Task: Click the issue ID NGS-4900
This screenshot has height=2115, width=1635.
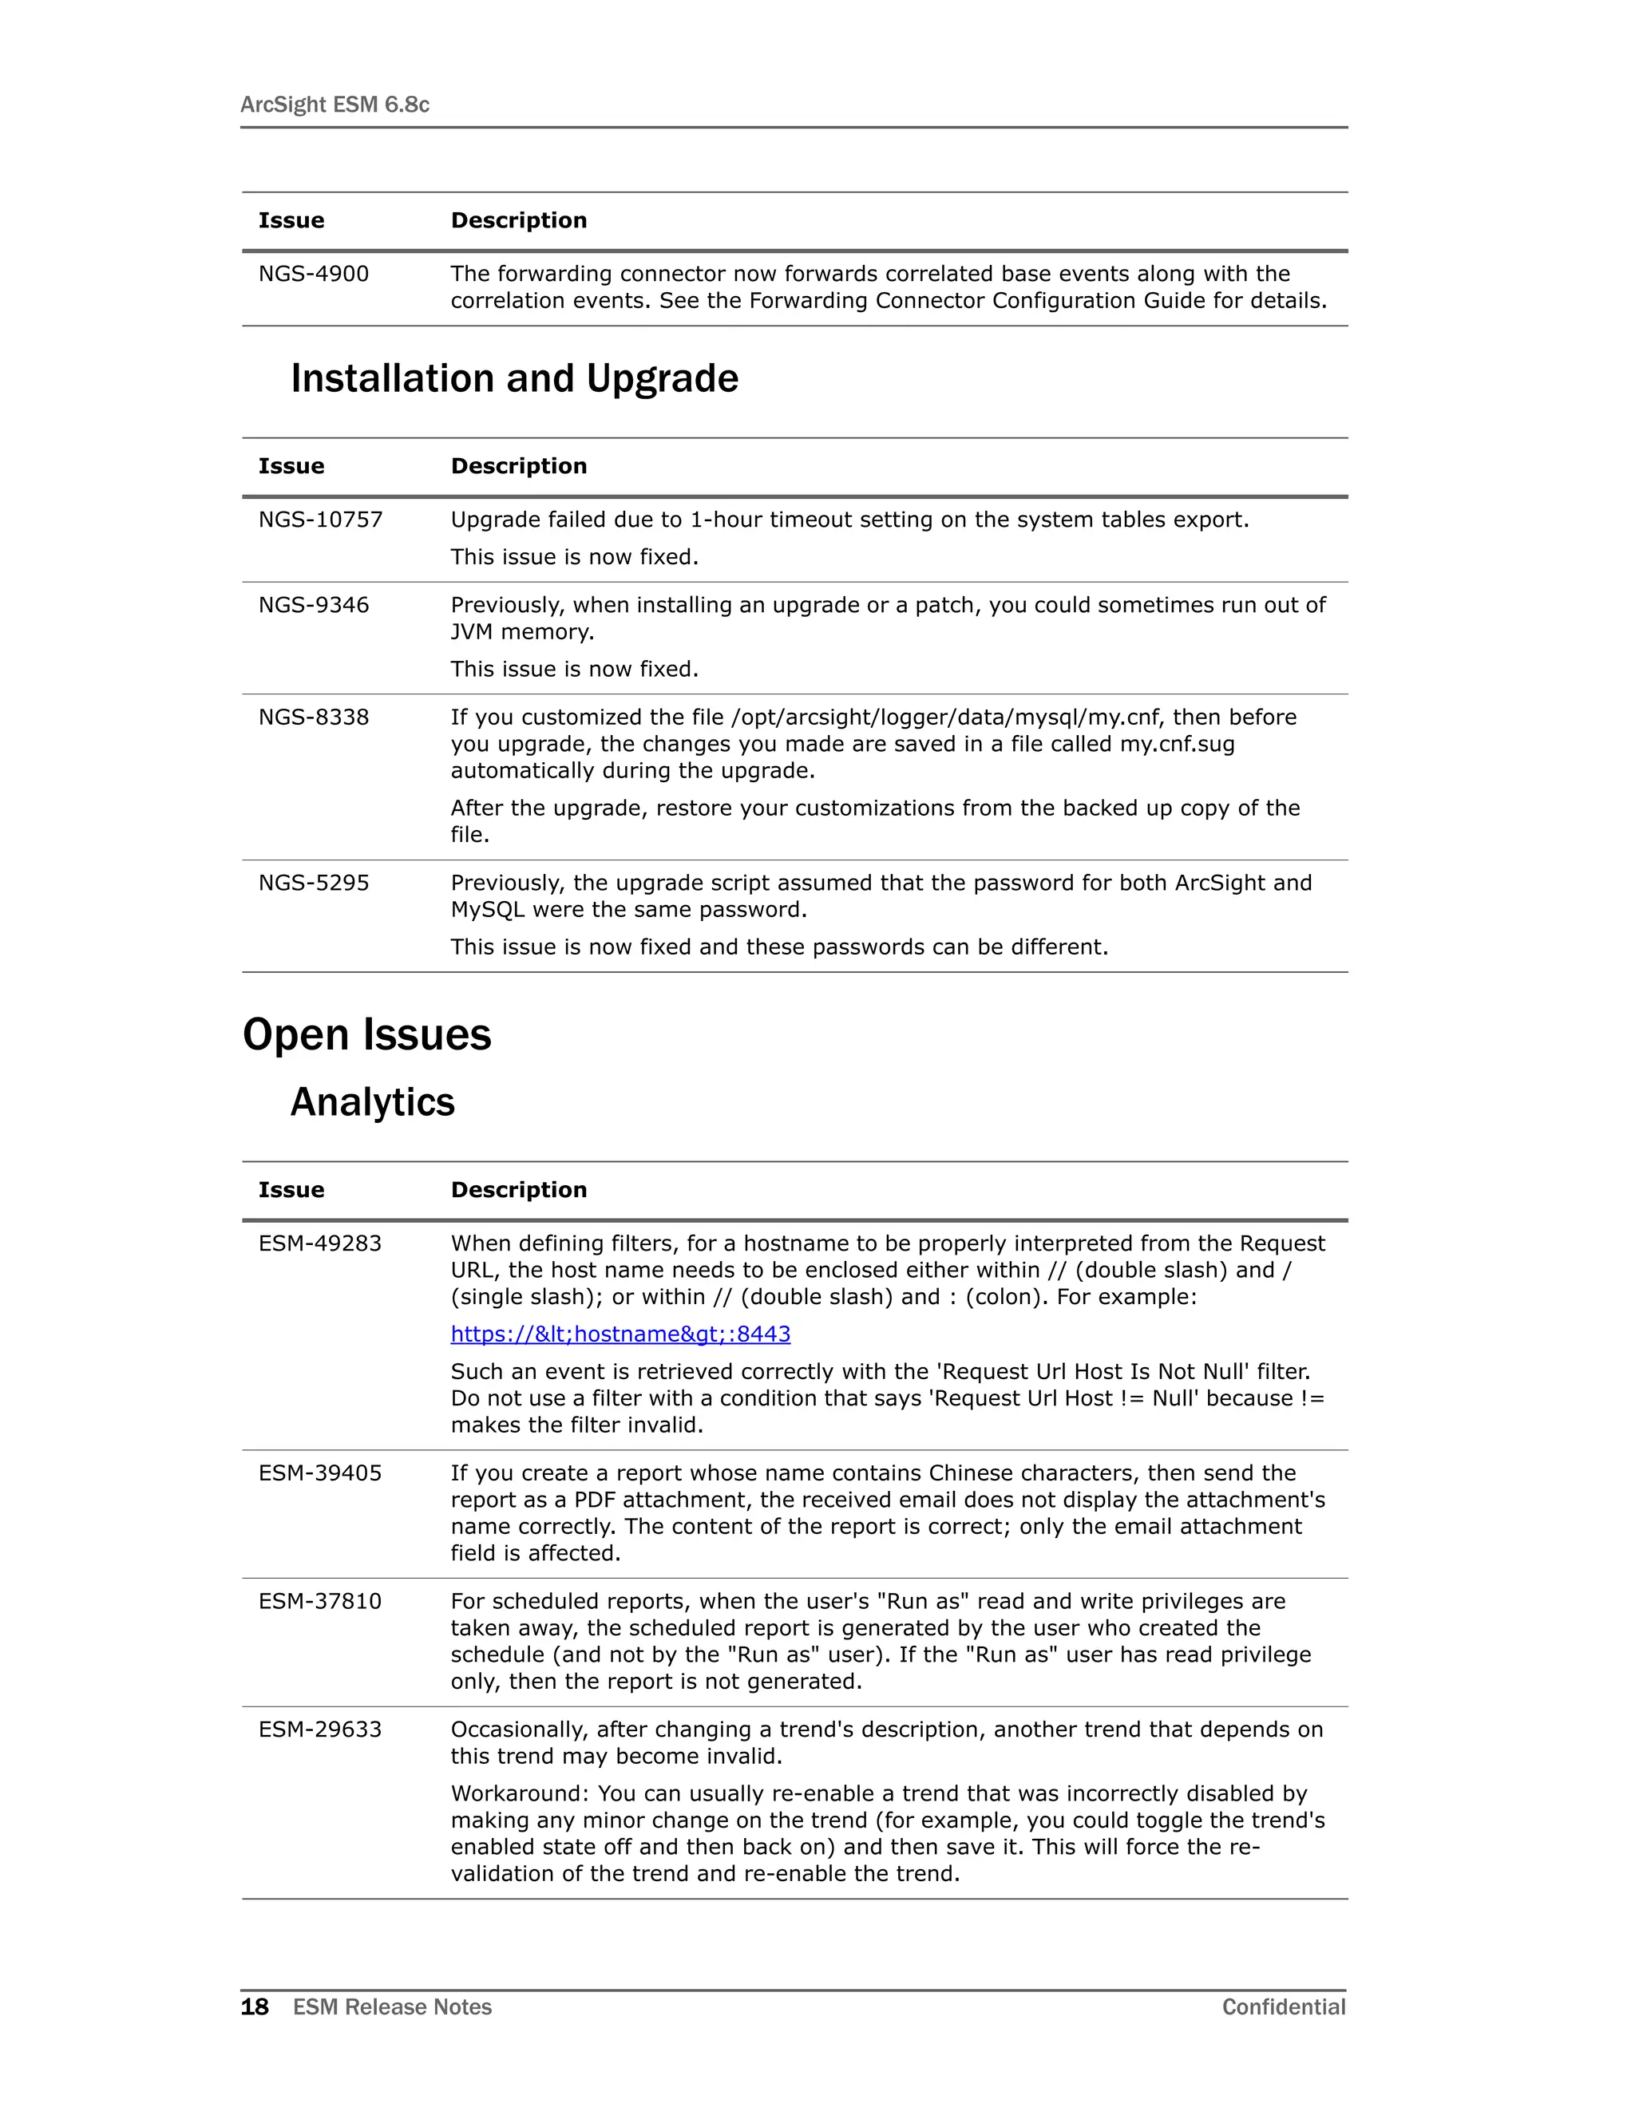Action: point(313,274)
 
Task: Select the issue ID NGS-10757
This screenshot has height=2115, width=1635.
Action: point(319,520)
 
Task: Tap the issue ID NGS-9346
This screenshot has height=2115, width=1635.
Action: point(313,605)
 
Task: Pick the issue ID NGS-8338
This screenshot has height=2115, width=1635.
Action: point(313,718)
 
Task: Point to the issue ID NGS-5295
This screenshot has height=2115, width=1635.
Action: point(313,884)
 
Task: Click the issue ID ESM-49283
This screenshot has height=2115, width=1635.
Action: point(319,1243)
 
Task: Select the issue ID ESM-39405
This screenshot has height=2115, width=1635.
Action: point(319,1473)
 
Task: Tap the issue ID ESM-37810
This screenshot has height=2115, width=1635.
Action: point(319,1601)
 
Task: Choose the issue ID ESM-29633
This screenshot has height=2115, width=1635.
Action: point(319,1730)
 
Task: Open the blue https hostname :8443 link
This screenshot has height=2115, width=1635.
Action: point(620,1334)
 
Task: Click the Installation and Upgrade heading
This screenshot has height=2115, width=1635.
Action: point(514,378)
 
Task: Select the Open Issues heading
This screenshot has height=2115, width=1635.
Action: point(367,1034)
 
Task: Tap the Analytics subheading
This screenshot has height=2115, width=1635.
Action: point(372,1102)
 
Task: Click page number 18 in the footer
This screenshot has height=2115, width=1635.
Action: point(255,2007)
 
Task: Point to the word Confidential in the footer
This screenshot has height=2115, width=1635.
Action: point(1284,2007)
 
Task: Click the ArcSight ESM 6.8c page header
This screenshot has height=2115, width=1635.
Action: point(335,105)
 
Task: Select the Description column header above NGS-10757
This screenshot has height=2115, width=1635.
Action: point(518,467)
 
